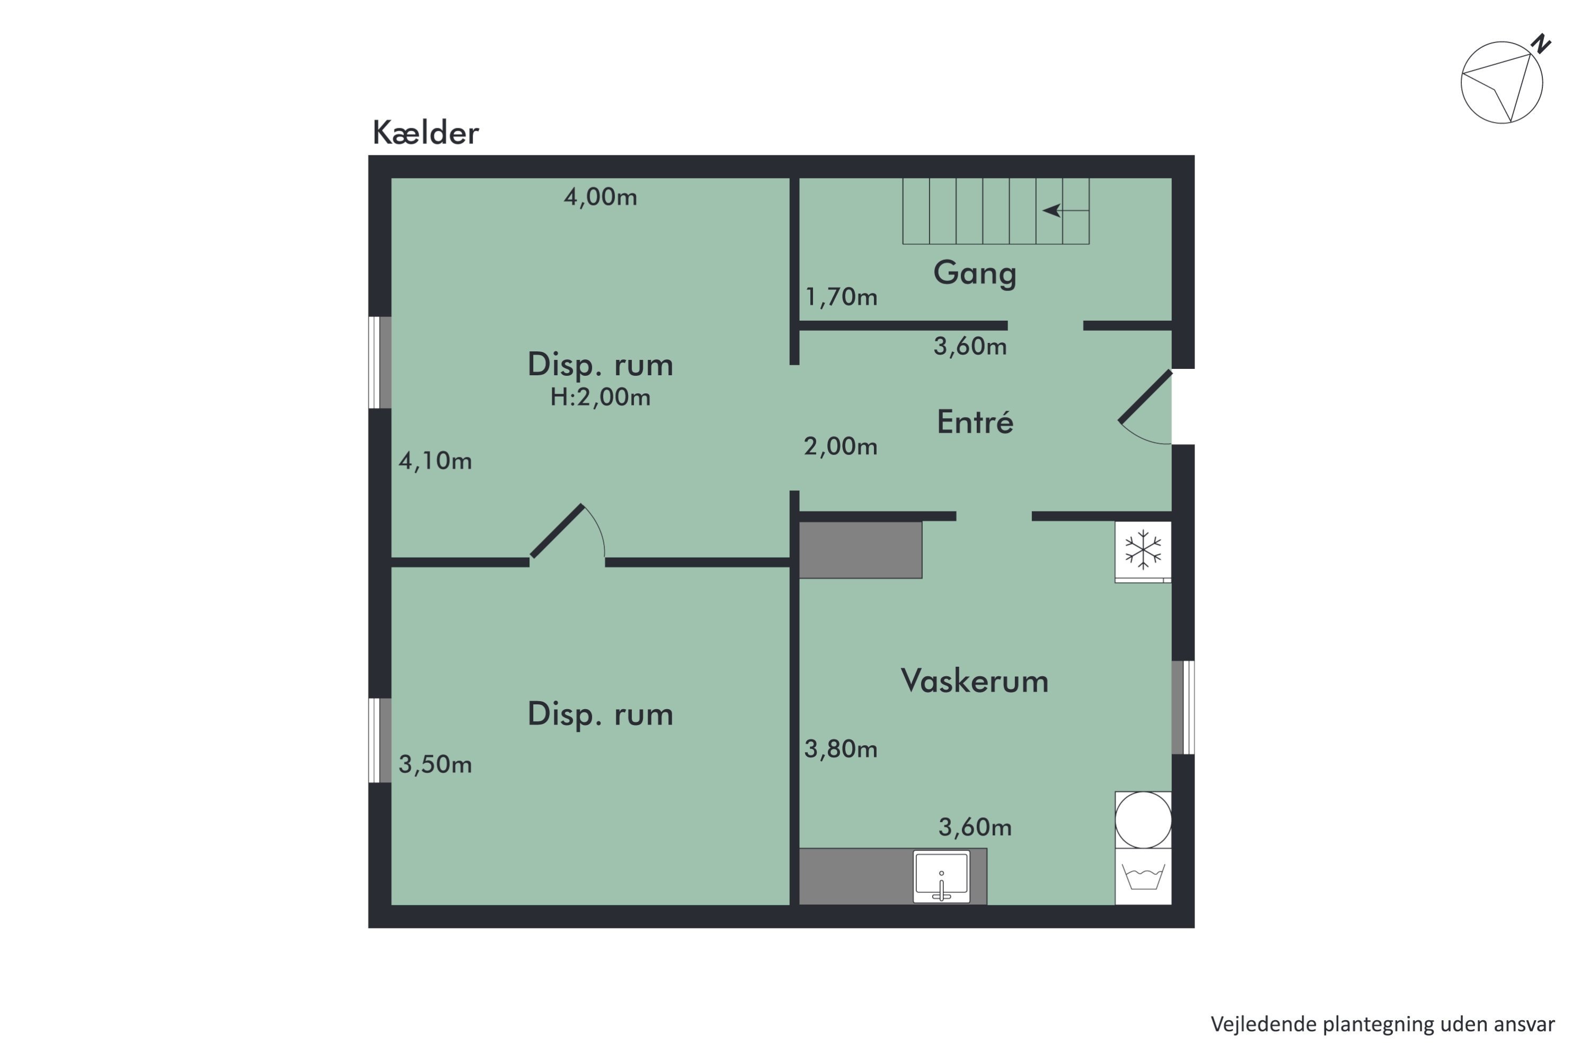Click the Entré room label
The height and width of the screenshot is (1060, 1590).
pos(975,422)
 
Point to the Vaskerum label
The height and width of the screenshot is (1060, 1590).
pos(974,681)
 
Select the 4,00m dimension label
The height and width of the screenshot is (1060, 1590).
pos(600,197)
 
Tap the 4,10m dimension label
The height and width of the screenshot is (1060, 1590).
pos(435,461)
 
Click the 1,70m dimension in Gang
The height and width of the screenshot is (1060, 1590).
pos(841,297)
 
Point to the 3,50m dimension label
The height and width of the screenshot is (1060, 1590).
pos(435,765)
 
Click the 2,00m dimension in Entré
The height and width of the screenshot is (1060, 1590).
pos(840,446)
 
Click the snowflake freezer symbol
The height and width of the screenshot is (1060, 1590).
pos(1143,550)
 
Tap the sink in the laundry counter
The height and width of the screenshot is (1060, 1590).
pos(941,876)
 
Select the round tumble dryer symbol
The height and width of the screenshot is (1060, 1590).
pos(1143,819)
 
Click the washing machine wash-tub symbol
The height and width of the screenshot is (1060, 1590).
pos(1143,877)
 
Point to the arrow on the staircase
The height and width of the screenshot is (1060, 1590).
pos(1053,211)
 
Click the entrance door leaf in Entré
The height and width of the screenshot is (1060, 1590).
pos(1145,397)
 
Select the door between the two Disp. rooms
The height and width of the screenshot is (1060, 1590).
pos(558,532)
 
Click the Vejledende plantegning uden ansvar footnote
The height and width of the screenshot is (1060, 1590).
pos(1382,1024)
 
